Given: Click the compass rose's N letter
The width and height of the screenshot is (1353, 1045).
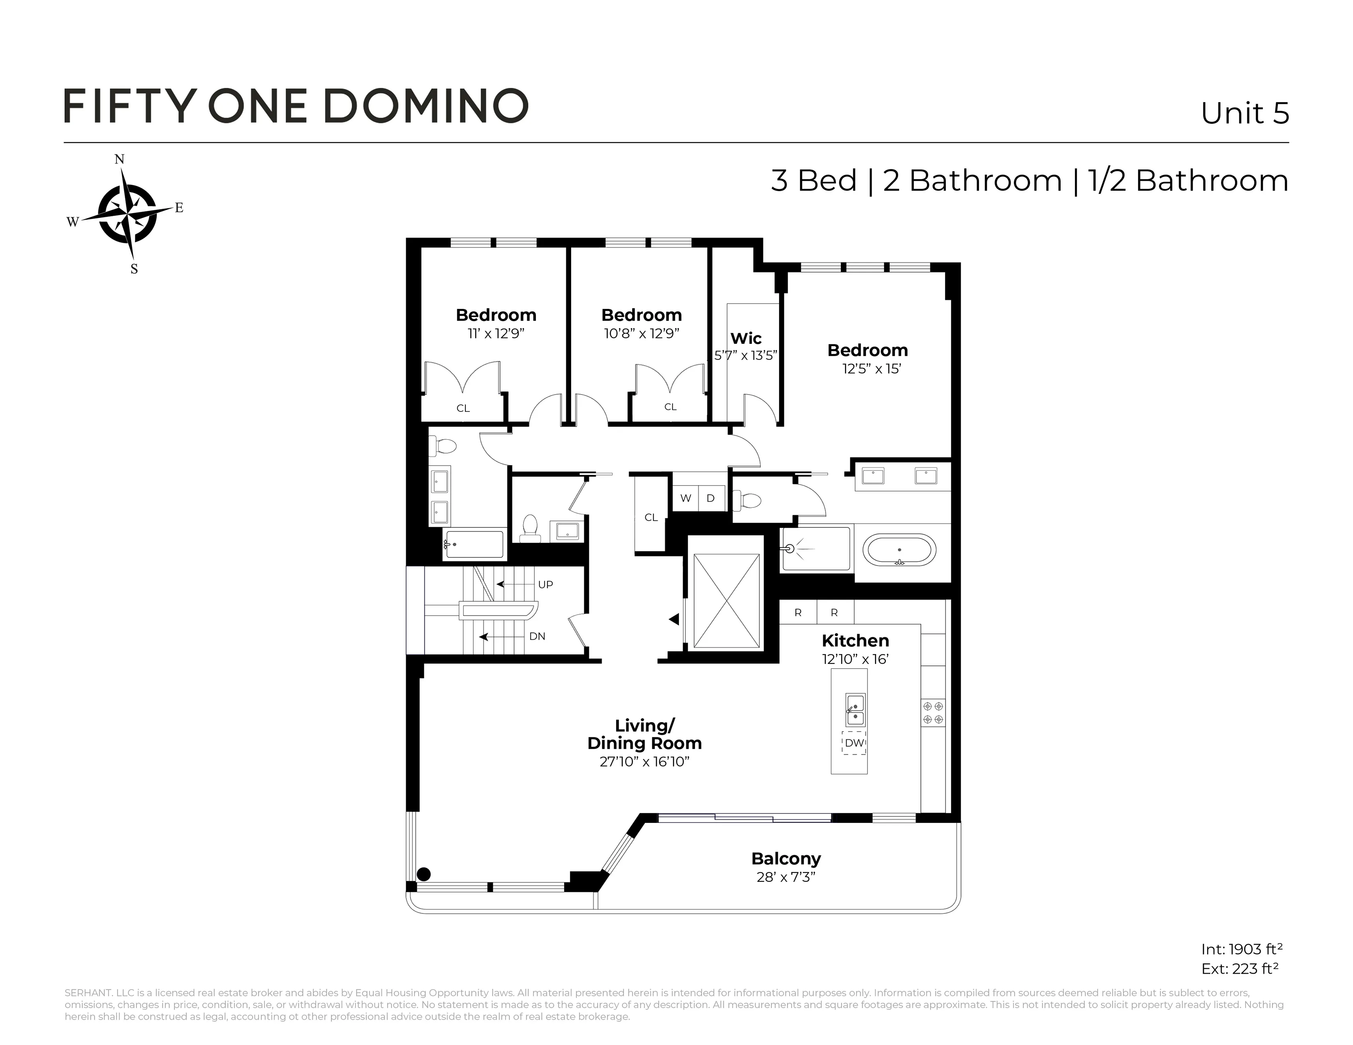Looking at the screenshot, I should (120, 160).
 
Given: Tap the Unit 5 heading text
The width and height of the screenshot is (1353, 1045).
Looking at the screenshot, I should (1245, 113).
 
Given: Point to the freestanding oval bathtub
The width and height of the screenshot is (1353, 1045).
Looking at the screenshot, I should (900, 550).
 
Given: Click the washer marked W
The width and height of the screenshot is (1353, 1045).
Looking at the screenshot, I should (685, 498).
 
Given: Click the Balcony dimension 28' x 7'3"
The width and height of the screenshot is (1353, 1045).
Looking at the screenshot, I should (786, 877).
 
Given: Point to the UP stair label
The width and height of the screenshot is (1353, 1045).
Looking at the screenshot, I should (545, 584).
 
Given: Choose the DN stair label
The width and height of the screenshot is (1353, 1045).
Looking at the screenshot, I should (537, 636).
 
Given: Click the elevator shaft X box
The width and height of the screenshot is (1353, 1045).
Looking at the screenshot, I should (726, 600).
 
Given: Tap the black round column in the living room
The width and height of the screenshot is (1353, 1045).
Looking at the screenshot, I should (424, 874).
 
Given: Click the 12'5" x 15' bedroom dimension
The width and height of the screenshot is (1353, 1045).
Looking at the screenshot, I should (871, 369).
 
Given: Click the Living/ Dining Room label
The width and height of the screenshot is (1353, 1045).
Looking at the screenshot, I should (644, 734).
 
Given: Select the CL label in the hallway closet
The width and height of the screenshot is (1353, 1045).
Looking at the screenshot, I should (651, 518).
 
